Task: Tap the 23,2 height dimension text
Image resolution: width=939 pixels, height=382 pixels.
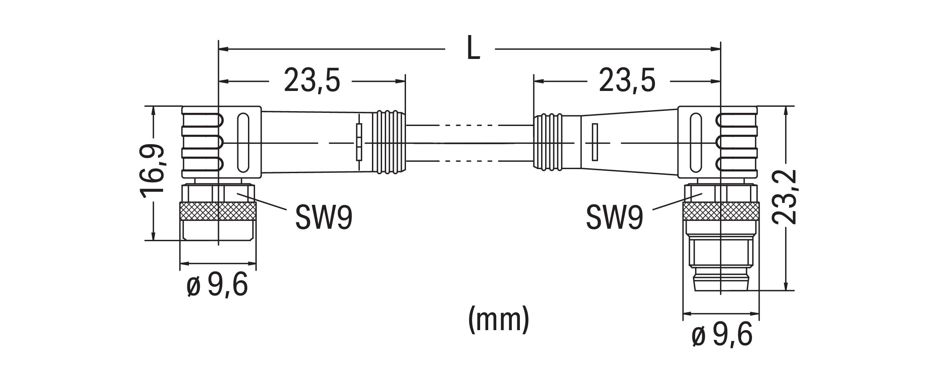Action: click(x=784, y=197)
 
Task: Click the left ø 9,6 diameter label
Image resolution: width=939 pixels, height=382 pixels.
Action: click(x=217, y=285)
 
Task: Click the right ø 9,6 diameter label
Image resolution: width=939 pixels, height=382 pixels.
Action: click(x=722, y=335)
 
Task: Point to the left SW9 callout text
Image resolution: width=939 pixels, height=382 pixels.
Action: click(x=324, y=218)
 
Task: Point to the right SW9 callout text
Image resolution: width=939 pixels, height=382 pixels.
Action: click(x=615, y=218)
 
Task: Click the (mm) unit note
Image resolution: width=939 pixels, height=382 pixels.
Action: click(x=498, y=320)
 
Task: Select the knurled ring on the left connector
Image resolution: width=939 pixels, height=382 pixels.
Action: click(x=218, y=212)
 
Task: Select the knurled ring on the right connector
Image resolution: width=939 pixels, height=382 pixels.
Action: click(x=721, y=212)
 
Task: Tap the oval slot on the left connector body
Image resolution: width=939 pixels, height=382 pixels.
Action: click(x=242, y=142)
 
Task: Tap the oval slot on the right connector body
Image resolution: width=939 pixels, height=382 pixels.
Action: click(x=695, y=142)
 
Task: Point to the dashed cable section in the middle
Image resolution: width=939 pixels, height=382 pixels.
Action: click(x=470, y=143)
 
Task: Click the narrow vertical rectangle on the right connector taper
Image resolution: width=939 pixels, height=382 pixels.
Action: click(x=595, y=142)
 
